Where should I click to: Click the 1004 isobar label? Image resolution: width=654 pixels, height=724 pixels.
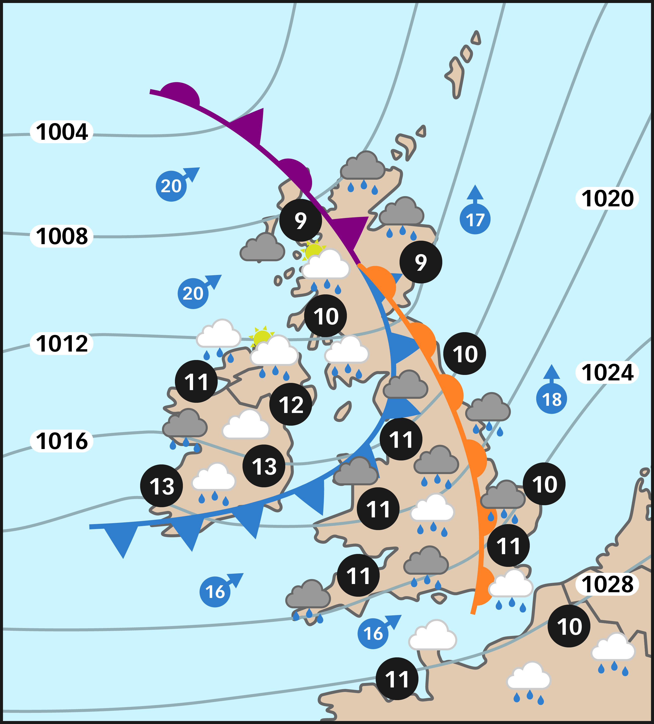[x=62, y=132]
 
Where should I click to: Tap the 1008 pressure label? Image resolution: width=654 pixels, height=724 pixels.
[x=62, y=236]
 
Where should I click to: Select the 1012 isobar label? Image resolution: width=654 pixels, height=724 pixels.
[x=62, y=343]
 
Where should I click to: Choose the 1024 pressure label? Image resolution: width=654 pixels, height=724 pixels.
[x=607, y=372]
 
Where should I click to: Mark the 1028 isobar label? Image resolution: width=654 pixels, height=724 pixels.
[x=607, y=584]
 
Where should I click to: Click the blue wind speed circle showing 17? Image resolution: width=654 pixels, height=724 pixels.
[x=475, y=219]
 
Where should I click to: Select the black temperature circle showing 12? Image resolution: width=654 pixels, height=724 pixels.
[x=290, y=404]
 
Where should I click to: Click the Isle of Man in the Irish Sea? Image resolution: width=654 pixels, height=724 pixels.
[x=343, y=411]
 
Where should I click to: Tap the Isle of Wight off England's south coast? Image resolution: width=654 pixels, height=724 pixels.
[x=439, y=598]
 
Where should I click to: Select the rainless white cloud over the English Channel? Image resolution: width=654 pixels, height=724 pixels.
[x=433, y=636]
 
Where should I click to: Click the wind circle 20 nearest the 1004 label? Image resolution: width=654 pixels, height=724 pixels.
[x=171, y=186]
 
